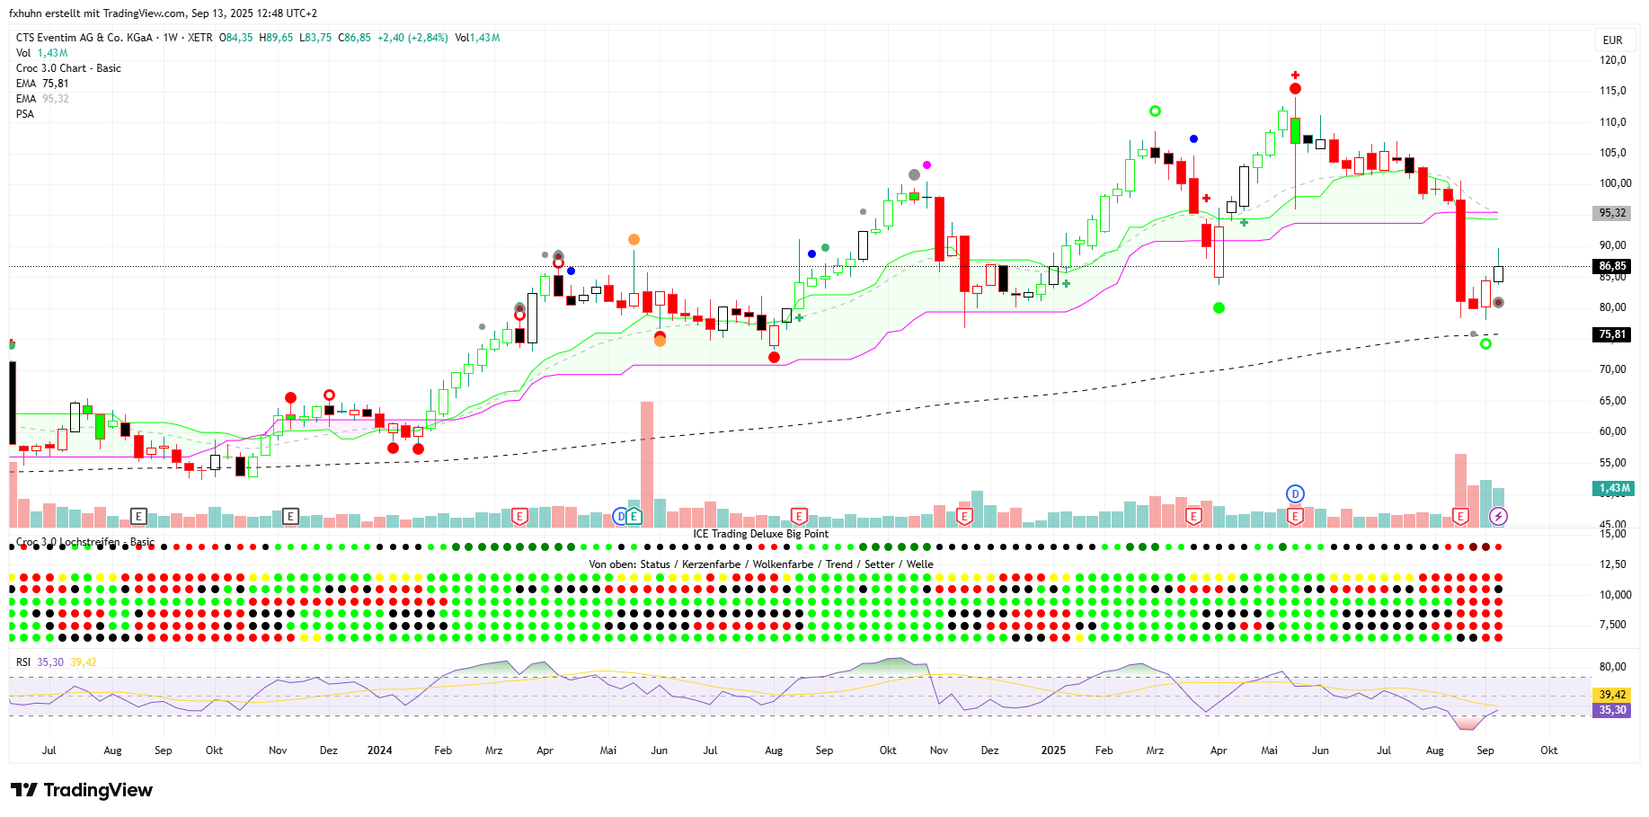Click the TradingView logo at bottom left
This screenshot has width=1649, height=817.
tap(82, 790)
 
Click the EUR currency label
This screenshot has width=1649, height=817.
tap(1612, 40)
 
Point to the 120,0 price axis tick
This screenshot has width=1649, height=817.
tap(1613, 60)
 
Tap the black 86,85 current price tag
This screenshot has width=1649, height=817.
tap(1612, 266)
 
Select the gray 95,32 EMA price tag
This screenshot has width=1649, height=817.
tap(1612, 213)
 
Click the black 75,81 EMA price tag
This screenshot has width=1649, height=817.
tap(1612, 334)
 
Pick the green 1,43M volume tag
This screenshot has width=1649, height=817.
tap(1613, 488)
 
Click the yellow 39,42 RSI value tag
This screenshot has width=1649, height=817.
tap(1612, 695)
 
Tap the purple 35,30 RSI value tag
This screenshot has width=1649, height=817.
tap(1612, 710)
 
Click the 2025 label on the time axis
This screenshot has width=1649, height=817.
tap(1053, 750)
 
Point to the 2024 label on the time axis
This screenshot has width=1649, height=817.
tap(379, 750)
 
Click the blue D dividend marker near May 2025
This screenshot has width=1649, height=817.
tap(1295, 493)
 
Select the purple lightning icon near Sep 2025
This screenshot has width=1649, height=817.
tap(1498, 516)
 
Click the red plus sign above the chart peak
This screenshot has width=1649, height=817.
tap(1295, 75)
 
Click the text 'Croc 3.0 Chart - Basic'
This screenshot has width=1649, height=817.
tap(68, 68)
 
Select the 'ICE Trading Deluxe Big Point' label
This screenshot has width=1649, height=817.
tap(760, 534)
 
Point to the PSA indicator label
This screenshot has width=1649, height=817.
tap(25, 114)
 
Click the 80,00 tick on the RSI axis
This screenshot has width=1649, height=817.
tap(1612, 667)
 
